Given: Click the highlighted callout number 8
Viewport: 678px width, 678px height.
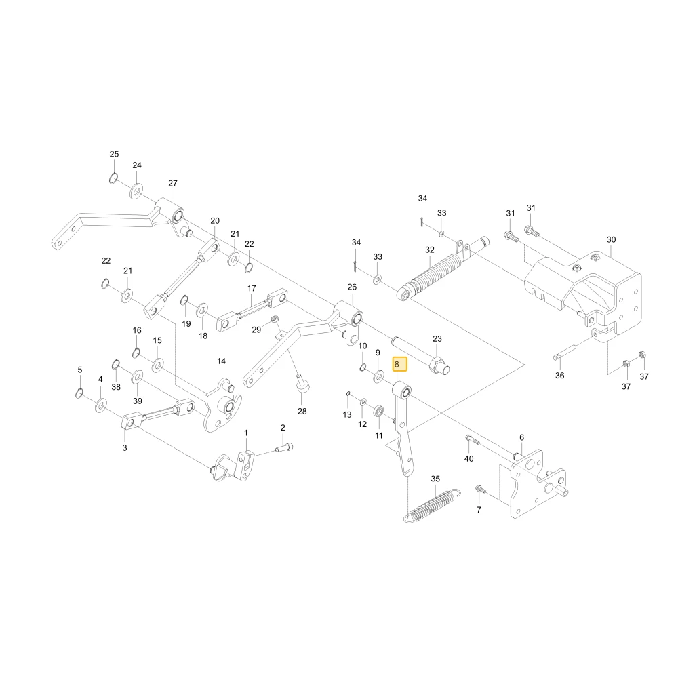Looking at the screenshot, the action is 397,365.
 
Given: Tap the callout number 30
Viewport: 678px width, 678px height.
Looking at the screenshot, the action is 611,239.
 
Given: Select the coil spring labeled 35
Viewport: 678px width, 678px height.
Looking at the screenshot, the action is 432,505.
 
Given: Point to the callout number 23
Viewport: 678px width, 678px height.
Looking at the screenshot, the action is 437,338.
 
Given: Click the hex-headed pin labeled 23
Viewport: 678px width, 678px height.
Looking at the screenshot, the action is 421,355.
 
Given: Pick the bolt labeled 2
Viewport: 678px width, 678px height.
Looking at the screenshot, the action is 284,448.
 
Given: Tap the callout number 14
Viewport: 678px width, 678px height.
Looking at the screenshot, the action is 222,361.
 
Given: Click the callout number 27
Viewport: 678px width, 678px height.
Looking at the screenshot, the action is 173,183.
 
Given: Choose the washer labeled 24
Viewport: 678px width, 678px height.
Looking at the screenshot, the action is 137,191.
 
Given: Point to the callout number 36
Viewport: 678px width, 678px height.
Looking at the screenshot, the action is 559,376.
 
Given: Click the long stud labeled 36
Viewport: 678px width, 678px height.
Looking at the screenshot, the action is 564,352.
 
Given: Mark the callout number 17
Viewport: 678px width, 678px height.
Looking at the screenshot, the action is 252,288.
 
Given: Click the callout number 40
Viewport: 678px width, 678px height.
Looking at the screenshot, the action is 468,458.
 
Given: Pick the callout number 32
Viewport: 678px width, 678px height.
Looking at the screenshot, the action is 429,250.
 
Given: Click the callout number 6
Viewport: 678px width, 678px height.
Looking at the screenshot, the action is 521,437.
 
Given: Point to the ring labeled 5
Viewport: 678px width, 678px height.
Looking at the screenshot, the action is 79,393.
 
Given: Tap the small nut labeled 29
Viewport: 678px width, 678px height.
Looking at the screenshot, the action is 274,319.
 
